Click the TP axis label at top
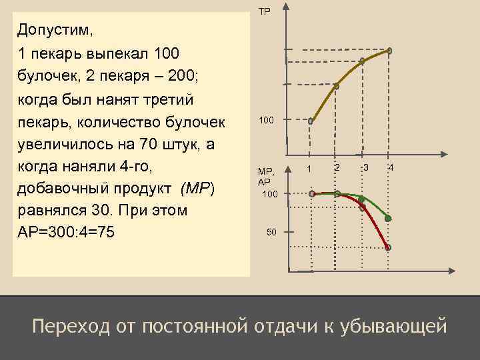point(265,11)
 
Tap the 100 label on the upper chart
point(266,120)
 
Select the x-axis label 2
point(337,167)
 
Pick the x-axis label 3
point(366,167)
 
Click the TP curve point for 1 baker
point(311,121)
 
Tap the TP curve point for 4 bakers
point(389,50)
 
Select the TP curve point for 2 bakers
point(337,86)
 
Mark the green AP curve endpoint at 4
point(388,218)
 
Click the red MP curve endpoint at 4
point(388,247)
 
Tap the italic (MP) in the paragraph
point(197,188)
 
